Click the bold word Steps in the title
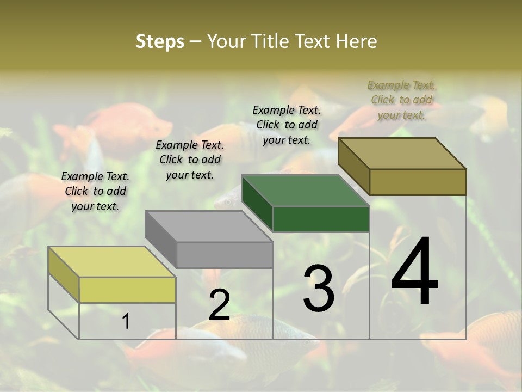point(160,41)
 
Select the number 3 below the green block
point(319,288)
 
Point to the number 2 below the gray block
point(219,304)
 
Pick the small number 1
point(126,322)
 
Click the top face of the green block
point(305,191)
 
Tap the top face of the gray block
point(208,226)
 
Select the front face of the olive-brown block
point(418,182)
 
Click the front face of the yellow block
point(127,290)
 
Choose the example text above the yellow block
point(95,191)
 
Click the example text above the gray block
point(190,160)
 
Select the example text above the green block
point(287,125)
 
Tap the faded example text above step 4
point(401,100)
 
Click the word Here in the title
point(357,41)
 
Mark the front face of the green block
point(321,219)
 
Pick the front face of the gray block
point(225,255)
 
